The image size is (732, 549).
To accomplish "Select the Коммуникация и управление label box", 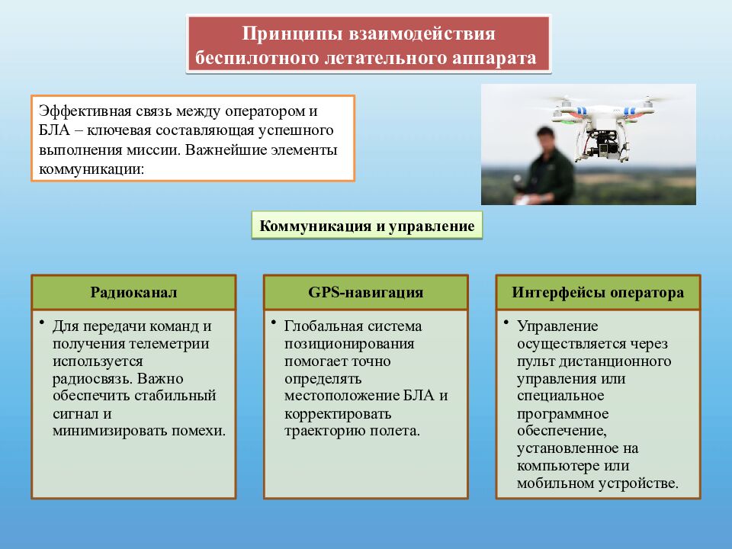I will pyautogui.click(x=368, y=226).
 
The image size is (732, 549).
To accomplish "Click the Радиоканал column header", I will pyautogui.click(x=133, y=293).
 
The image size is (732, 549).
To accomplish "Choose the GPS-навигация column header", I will pyautogui.click(x=366, y=293).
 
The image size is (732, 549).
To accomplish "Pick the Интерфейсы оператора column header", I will pyautogui.click(x=598, y=293).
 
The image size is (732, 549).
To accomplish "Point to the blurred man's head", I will pyautogui.click(x=546, y=141).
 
